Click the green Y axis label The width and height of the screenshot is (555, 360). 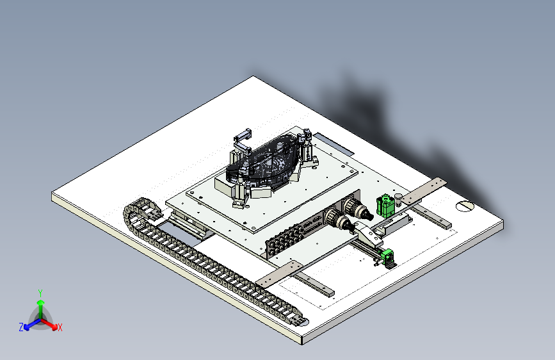pyautogui.click(x=40, y=293)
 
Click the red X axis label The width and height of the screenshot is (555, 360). pyautogui.click(x=60, y=327)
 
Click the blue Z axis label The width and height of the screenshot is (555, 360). pyautogui.click(x=21, y=327)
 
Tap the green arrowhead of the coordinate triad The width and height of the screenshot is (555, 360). pyautogui.click(x=41, y=303)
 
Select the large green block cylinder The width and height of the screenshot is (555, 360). pyautogui.click(x=385, y=206)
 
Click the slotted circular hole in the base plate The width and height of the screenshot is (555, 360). pyautogui.click(x=464, y=206)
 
